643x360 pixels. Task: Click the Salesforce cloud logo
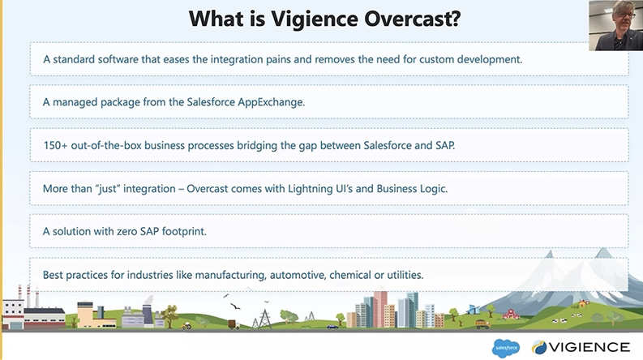[x=505, y=347]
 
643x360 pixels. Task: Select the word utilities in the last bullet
[x=399, y=275]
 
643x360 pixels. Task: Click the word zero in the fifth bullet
[x=118, y=232]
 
